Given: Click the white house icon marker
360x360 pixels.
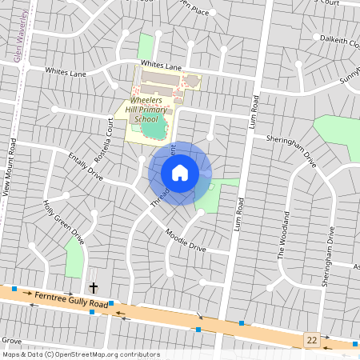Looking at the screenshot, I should (x=180, y=173).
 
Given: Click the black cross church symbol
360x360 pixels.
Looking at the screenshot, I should (x=93, y=287).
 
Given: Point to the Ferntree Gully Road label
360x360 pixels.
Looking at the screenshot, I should (x=70, y=300).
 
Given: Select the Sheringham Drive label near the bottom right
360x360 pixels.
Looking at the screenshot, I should (x=329, y=256).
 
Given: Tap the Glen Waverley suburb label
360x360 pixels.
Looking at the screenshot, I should (x=18, y=36).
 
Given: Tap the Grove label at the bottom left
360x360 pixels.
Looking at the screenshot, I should (x=11, y=340).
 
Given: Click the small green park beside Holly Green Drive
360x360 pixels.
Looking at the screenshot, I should (x=74, y=258).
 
